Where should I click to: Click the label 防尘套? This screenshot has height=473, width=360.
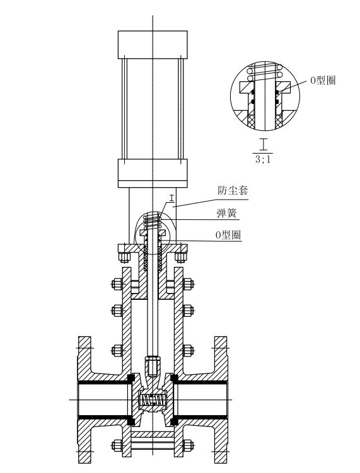coord(233,190)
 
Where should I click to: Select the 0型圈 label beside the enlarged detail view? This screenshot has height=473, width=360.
coord(323,80)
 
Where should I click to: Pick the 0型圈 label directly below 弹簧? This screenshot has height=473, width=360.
coord(229,234)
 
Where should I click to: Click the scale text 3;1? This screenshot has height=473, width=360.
coord(263,159)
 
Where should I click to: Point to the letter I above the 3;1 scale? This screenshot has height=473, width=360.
coord(264,144)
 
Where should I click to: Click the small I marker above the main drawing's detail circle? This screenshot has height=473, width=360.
coord(172,198)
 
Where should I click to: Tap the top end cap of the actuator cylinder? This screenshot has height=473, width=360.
coord(153,44)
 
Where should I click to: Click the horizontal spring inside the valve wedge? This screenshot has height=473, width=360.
coord(153,400)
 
